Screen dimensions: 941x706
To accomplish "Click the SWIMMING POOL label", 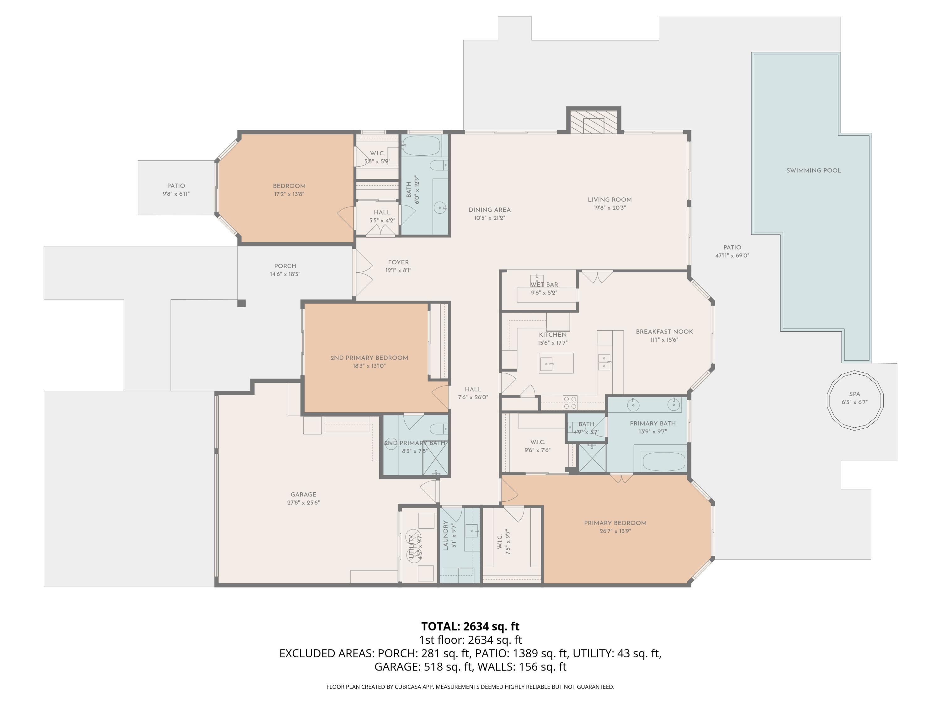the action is (813, 171).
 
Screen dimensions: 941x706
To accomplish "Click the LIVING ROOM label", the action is (609, 200).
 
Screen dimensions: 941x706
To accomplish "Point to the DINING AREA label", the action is (490, 210).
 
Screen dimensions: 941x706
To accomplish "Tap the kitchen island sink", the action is (546, 364).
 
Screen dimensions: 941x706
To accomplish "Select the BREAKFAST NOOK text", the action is (664, 332).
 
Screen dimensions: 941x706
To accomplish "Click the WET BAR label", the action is (544, 285).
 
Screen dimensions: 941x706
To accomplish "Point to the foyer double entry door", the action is (363, 272).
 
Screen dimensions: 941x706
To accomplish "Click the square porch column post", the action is (241, 303).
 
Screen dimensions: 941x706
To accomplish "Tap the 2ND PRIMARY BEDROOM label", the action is (369, 358).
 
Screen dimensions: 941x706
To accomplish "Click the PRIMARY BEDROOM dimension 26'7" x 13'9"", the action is (615, 531).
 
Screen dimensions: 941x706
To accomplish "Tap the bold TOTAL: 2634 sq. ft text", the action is (470, 626).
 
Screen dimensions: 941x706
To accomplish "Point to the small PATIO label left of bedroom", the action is (176, 186).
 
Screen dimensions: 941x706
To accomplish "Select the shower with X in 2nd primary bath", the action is (435, 458).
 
